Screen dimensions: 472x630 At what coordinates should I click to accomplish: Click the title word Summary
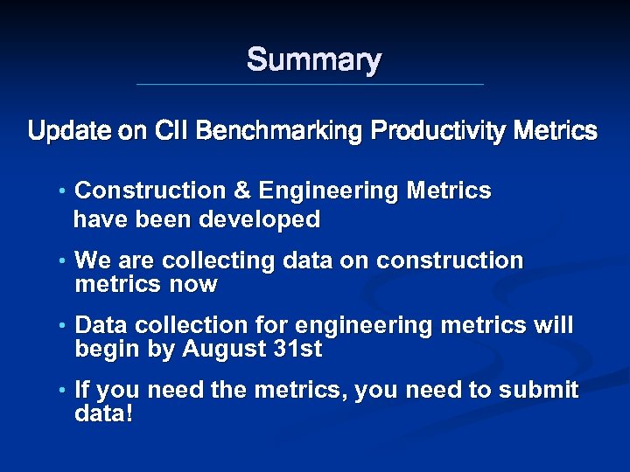click(x=314, y=60)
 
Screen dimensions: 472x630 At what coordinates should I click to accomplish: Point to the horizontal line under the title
click(x=310, y=85)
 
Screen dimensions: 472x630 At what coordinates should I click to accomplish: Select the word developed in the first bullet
click(x=260, y=219)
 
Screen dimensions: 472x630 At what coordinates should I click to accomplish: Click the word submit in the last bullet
click(x=538, y=390)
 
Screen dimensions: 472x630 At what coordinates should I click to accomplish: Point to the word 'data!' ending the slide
click(x=104, y=413)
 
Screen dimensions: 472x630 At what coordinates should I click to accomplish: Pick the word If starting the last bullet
click(x=83, y=390)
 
